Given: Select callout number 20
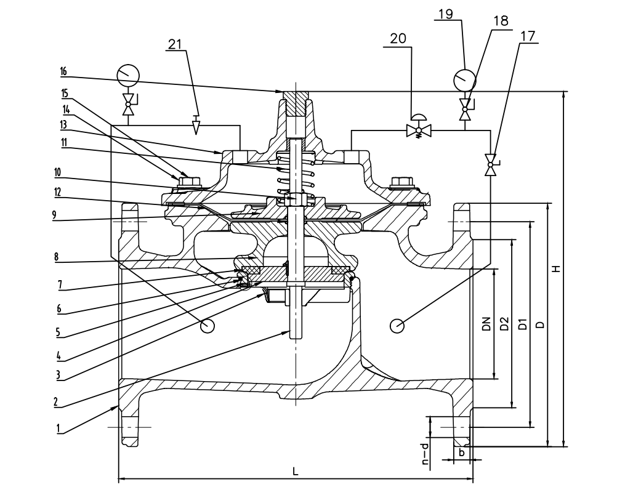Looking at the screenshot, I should point(398,38).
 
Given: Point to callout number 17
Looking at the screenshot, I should point(527,37).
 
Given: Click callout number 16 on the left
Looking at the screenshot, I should point(63,71).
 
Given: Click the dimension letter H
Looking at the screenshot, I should point(555,268).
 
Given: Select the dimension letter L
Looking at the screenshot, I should point(296,472).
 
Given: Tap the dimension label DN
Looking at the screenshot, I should point(486,323).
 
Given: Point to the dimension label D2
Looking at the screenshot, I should point(504,323).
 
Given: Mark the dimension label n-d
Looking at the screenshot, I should point(424,456).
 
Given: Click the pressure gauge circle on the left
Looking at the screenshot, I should point(128,76).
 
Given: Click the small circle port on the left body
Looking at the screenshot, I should point(208,326).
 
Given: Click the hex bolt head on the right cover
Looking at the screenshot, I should point(401,182).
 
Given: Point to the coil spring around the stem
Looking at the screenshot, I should point(297,179).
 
